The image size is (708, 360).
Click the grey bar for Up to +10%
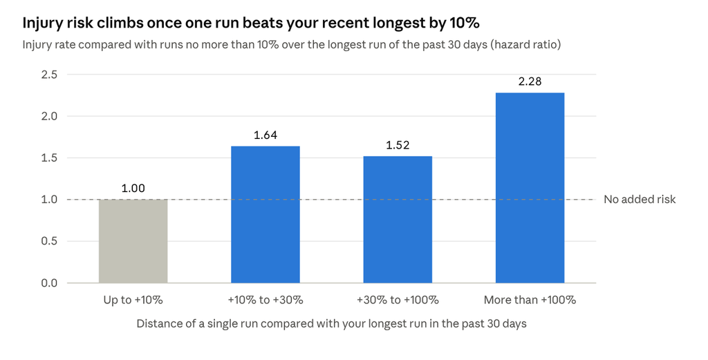(x=133, y=241)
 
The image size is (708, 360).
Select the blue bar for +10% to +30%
(x=265, y=214)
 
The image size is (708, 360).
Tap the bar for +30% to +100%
(x=398, y=219)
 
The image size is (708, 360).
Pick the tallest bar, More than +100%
(x=530, y=188)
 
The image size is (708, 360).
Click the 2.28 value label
(x=530, y=82)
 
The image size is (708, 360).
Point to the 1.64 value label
(x=265, y=135)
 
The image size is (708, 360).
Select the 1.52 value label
(x=398, y=145)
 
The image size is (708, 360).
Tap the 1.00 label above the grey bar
(x=133, y=188)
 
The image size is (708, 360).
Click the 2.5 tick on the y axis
(x=49, y=75)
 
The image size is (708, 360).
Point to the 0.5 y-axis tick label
(x=49, y=241)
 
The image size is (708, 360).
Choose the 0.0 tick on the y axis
(x=49, y=283)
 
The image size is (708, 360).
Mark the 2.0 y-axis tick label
(x=49, y=116)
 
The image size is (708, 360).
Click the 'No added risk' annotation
(x=640, y=200)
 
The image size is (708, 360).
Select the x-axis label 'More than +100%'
(x=530, y=300)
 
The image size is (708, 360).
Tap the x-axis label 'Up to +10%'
(x=133, y=300)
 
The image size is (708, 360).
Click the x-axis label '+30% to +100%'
(x=398, y=300)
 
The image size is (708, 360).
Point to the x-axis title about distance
(x=331, y=324)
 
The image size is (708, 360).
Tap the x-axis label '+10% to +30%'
(x=265, y=300)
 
